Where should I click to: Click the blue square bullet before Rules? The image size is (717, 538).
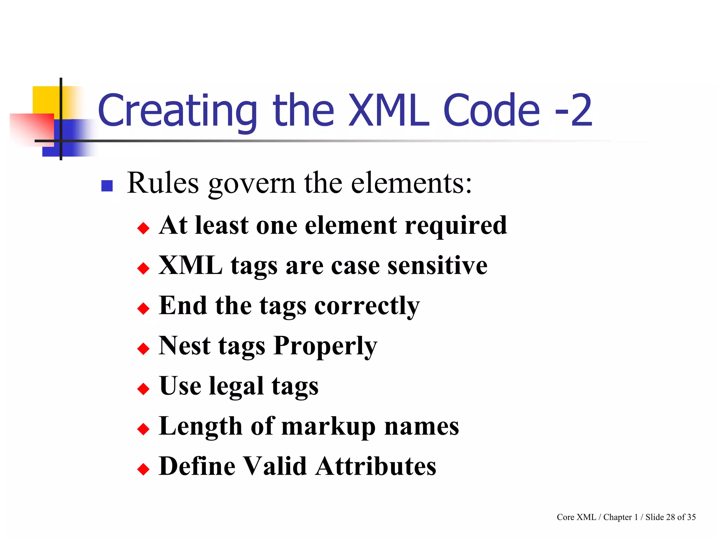[x=107, y=186]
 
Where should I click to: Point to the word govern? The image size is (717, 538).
[x=252, y=184]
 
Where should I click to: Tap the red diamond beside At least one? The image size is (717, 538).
[x=143, y=228]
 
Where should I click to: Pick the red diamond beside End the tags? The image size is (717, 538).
[x=143, y=309]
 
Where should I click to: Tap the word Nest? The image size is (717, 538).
[x=185, y=346]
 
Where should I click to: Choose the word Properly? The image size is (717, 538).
[x=325, y=346]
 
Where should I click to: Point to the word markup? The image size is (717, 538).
[x=328, y=427]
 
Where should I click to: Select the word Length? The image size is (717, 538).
[x=200, y=427]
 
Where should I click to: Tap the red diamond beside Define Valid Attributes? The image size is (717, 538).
[x=143, y=469]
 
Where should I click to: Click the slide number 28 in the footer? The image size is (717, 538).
[x=670, y=517]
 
